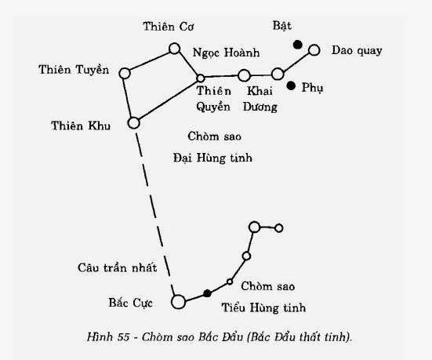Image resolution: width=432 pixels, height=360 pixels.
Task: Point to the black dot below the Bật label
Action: (298, 45)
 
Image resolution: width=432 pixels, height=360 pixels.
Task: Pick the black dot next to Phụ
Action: (291, 85)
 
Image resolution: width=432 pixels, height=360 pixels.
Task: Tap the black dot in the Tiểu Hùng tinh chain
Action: (208, 293)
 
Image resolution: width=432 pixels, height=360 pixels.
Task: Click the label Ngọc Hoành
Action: (227, 53)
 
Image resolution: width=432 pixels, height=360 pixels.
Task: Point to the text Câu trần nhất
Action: (117, 267)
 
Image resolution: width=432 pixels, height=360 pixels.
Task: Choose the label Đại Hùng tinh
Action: (212, 158)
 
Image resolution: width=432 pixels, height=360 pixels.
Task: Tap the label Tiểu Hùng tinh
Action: (263, 307)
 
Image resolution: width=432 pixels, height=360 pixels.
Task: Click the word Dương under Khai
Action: (260, 107)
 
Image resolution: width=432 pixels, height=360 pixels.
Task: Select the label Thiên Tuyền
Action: (74, 70)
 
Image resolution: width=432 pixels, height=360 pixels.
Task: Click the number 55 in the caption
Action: (123, 336)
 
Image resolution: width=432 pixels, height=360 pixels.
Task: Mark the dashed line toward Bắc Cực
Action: (154, 213)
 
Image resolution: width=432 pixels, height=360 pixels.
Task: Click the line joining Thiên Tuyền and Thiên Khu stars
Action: (129, 98)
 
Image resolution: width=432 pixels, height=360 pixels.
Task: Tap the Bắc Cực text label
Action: (130, 303)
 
